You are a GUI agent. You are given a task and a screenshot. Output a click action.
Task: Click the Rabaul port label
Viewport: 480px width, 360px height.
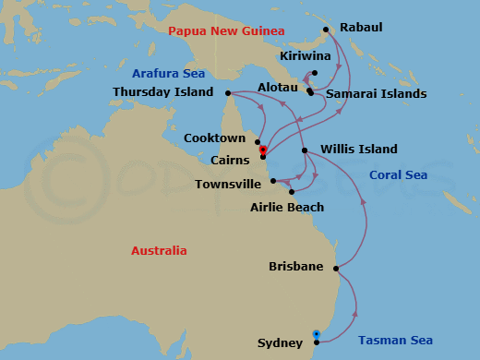(361, 29)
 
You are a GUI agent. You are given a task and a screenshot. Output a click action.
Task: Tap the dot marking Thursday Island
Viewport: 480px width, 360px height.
(227, 92)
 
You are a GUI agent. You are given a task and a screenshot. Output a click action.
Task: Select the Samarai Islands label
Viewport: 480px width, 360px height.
(373, 94)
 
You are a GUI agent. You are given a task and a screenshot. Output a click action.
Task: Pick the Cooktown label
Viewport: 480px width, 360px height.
(215, 138)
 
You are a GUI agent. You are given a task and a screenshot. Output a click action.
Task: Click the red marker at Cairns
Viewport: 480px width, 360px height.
(263, 150)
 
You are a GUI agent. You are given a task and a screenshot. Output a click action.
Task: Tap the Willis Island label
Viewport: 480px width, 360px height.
(359, 150)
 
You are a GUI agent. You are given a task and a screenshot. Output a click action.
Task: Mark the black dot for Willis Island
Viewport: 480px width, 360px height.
(305, 150)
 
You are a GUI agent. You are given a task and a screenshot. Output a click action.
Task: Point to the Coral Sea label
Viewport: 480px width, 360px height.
(398, 175)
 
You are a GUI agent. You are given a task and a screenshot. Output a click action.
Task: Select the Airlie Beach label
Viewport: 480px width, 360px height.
(287, 208)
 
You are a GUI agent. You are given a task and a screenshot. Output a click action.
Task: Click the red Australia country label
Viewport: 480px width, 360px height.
(159, 251)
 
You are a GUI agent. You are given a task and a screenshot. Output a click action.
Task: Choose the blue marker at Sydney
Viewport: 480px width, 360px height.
(317, 334)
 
